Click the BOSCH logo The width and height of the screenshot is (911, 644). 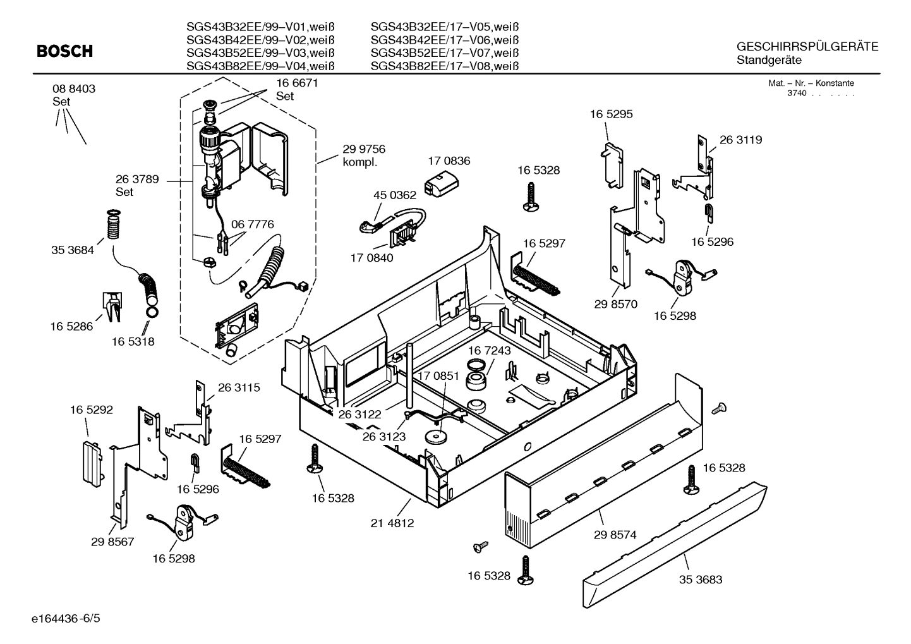(64, 51)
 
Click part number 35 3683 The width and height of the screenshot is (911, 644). (700, 580)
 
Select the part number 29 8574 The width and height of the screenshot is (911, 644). (615, 535)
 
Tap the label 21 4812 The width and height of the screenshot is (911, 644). (392, 523)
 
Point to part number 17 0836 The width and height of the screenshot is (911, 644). (449, 161)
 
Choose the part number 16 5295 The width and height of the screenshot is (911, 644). (611, 114)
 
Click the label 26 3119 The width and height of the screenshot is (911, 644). (740, 140)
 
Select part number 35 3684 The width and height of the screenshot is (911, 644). (73, 250)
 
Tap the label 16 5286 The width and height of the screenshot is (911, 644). (71, 326)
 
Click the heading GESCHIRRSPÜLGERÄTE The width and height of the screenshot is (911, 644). (807, 47)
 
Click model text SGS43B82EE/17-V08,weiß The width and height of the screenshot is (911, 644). (445, 66)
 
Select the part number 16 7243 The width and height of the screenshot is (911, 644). (489, 350)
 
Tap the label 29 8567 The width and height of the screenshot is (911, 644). (112, 542)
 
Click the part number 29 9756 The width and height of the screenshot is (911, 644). (364, 149)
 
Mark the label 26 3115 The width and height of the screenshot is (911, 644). (239, 387)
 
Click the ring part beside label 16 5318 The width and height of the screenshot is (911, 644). (152, 312)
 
